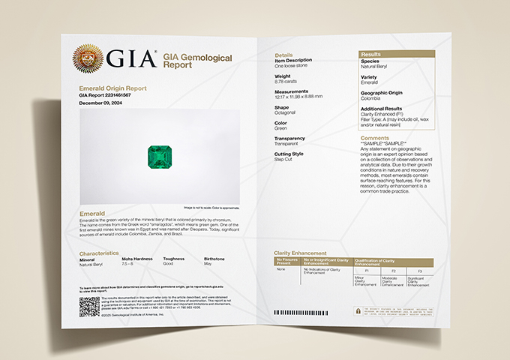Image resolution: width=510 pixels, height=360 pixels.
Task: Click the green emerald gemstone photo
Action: coord(157,157)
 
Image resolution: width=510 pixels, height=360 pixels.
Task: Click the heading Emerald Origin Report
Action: coord(112,88)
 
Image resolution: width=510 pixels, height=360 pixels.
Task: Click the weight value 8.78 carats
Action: coord(287,81)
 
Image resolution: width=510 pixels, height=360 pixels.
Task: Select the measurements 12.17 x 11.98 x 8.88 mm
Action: coord(298,96)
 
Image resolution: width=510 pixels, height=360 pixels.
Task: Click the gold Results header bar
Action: coord(395,55)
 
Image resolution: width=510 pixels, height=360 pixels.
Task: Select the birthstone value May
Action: coord(208,265)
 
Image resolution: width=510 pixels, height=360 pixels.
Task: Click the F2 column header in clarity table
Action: coord(394,271)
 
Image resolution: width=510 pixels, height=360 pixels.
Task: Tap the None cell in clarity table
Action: coord(281,268)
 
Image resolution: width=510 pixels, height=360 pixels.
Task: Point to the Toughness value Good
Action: coord(169,265)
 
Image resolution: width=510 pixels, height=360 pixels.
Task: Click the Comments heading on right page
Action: coord(374,138)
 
